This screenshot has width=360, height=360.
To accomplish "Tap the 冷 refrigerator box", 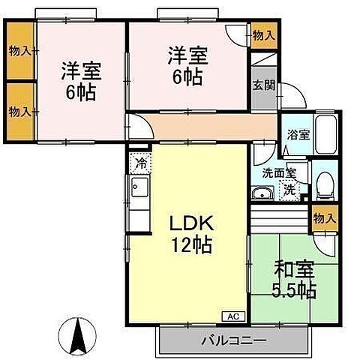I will (x=139, y=162).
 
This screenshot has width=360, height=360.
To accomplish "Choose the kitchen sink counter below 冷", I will (x=139, y=188).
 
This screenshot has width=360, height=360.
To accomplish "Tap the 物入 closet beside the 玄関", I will (x=262, y=34).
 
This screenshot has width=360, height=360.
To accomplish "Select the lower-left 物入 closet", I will (x=20, y=111).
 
